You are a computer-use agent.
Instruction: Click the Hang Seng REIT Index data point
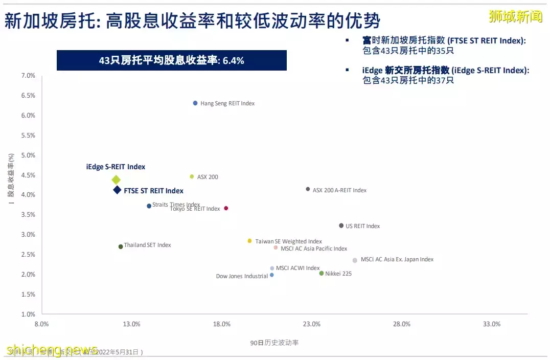(x=195, y=103)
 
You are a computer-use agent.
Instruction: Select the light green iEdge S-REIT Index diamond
(x=116, y=179)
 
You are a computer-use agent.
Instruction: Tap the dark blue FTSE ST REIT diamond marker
(x=117, y=190)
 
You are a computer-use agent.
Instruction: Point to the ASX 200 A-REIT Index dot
(x=308, y=189)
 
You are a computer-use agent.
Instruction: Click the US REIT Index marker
(x=341, y=226)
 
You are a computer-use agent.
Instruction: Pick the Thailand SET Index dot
(x=121, y=246)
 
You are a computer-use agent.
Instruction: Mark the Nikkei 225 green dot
(x=322, y=274)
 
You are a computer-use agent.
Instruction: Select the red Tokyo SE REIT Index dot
(x=226, y=208)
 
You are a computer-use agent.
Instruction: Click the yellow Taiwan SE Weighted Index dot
(x=249, y=241)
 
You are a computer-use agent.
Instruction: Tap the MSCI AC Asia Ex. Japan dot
(x=355, y=260)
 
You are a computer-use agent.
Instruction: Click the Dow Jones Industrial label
(x=242, y=277)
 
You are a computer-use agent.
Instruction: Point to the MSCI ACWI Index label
(x=297, y=268)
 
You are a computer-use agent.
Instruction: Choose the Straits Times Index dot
(x=149, y=206)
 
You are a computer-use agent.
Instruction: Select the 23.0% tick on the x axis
(x=312, y=324)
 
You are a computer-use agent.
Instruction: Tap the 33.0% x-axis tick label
(x=492, y=324)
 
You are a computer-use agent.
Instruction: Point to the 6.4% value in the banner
(x=234, y=61)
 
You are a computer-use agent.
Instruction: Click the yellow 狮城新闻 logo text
(x=515, y=17)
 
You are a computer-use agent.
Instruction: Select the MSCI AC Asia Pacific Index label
(x=314, y=249)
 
